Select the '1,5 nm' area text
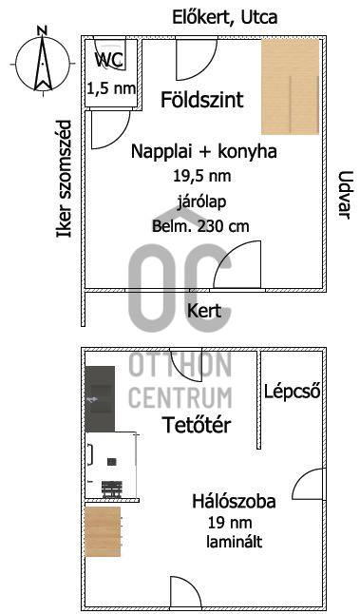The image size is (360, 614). [x=111, y=88]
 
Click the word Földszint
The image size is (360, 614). [x=202, y=99]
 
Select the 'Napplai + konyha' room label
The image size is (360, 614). [x=204, y=152]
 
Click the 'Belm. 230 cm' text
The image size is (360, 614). [x=200, y=226]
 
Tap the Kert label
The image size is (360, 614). [x=204, y=311]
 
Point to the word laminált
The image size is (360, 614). [x=234, y=542]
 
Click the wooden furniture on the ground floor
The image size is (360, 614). [x=292, y=87]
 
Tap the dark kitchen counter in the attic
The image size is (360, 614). [x=100, y=399]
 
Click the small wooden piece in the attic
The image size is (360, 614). [x=103, y=533]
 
